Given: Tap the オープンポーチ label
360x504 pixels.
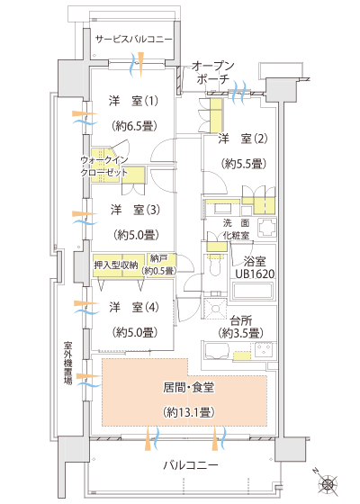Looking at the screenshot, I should tap(215, 74).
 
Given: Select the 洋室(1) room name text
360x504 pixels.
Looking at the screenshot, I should tap(133, 100).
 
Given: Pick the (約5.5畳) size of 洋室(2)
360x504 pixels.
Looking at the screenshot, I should tap(243, 164).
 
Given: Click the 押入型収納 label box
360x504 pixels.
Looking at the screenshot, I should tap(117, 265).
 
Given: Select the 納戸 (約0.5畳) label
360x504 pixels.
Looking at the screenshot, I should tap(163, 265).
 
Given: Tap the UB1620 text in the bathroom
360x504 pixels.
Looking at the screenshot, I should tap(256, 274).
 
